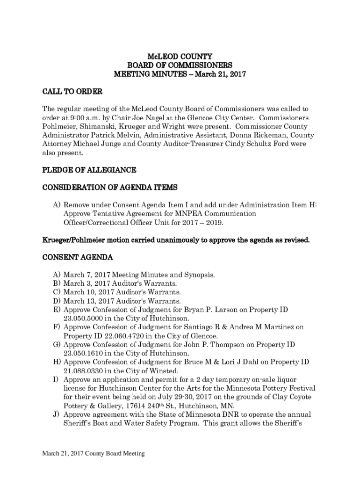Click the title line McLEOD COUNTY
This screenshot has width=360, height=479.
(x=180, y=57)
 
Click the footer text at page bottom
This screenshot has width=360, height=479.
(x=94, y=453)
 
